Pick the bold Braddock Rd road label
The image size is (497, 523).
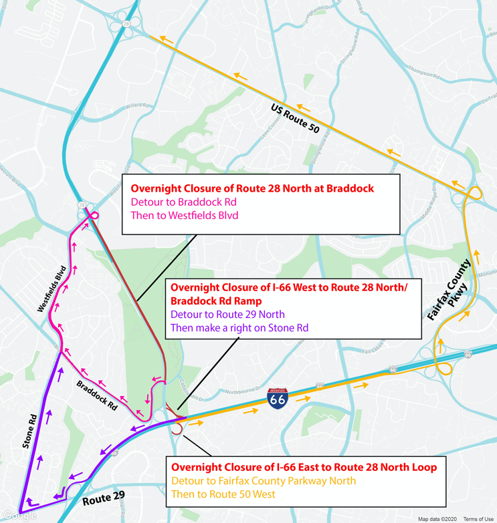(98, 395)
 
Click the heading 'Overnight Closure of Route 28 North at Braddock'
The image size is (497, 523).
(252, 188)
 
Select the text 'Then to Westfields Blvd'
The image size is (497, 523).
(184, 215)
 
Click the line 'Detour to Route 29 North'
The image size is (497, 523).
(227, 314)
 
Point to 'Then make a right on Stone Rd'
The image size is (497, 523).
(239, 327)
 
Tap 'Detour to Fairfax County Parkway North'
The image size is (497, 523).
(264, 480)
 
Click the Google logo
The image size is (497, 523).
(19, 516)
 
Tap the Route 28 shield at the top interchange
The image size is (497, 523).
(126, 23)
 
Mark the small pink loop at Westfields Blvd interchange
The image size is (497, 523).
(94, 215)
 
